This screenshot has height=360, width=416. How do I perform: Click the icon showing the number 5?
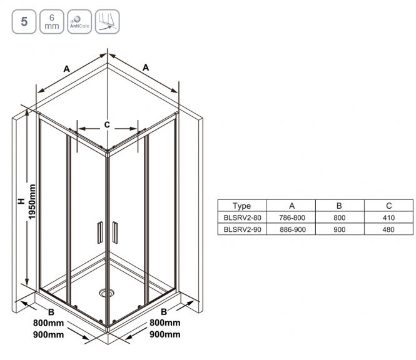pos(24,22)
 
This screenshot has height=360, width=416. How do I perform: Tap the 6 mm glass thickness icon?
pos(52,22)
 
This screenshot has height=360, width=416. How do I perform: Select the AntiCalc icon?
pos(79,22)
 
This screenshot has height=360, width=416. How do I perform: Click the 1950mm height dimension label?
pos(32,202)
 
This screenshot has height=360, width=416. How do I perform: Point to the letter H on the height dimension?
pos(21,201)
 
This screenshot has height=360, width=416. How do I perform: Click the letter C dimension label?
pos(107,124)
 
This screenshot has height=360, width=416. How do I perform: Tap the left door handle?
pos(99,232)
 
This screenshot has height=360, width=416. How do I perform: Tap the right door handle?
pos(115,232)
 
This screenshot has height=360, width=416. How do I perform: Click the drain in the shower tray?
pos(106,293)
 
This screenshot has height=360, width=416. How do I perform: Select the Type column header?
pos(241,206)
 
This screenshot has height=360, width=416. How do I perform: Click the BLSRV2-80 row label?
pos(242,217)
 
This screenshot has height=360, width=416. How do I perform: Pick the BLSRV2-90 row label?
pos(242,229)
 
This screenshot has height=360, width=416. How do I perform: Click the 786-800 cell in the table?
pos(292,217)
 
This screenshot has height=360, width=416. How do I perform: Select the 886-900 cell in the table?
pos(293,229)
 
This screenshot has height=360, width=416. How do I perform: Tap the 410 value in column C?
pos(388,217)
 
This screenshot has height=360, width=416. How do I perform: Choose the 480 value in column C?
pos(388,229)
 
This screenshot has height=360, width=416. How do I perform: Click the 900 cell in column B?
pos(339,229)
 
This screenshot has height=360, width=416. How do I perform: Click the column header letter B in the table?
pos(339,206)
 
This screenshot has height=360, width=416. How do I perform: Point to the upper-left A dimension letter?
pos(66,69)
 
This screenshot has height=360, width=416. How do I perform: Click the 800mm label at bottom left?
pos(48,323)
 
